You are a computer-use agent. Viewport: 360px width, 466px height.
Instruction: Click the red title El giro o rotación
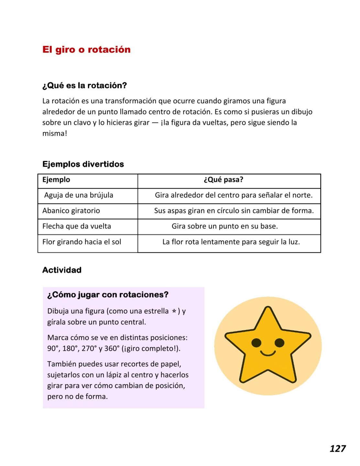point(86,50)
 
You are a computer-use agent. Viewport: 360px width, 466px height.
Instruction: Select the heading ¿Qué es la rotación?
point(84,85)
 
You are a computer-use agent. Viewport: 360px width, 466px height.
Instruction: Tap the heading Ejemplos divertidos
point(83,164)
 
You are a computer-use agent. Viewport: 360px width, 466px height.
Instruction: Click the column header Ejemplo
point(56,180)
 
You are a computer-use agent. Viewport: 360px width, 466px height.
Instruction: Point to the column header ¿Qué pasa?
point(223,180)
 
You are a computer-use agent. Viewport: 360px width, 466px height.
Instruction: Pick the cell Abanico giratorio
point(71,211)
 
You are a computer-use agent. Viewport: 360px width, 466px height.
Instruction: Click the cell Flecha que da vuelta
point(77,226)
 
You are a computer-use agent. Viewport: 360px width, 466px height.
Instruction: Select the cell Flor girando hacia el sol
point(82,242)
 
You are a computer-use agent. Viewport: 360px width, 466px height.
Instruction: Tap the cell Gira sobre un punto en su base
point(225,226)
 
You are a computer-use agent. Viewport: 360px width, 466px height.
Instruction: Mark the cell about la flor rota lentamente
point(231,242)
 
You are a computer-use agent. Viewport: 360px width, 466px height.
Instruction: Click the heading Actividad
point(62,270)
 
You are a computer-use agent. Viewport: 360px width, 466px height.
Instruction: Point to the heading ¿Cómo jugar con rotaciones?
point(108,294)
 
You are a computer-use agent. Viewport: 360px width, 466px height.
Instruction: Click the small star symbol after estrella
point(174,311)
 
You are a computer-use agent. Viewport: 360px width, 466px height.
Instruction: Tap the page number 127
point(337,449)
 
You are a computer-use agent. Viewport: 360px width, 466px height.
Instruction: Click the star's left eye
point(256,342)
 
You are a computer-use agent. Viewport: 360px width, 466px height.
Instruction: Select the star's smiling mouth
point(268,353)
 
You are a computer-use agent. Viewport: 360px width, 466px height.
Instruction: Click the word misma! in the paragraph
point(55,133)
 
